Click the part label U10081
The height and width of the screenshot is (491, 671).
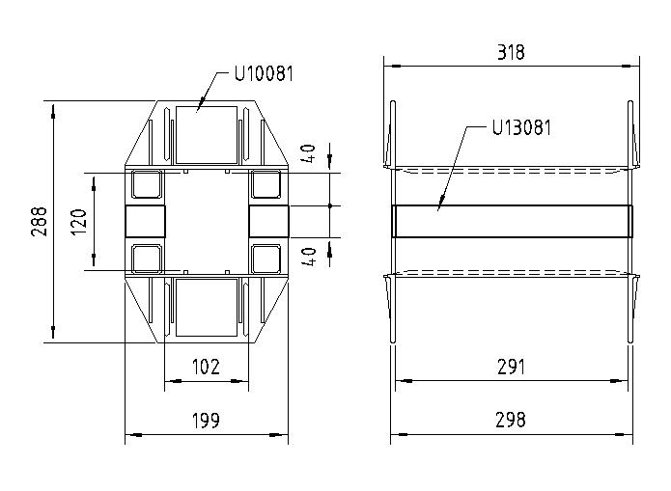(x=264, y=73)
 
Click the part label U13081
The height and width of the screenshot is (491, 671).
(x=521, y=127)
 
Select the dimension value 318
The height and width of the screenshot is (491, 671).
(x=511, y=52)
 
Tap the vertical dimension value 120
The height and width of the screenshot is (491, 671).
(x=80, y=222)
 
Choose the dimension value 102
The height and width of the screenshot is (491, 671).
(x=206, y=367)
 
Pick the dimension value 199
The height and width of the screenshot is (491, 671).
(x=206, y=421)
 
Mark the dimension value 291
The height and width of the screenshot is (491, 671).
(x=511, y=367)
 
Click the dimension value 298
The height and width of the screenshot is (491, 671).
(x=511, y=421)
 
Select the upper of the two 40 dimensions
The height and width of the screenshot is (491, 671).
(x=308, y=154)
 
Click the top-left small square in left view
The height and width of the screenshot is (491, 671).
(x=147, y=184)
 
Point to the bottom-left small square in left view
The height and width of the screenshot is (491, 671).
(x=147, y=258)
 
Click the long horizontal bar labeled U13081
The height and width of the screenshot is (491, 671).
(x=511, y=220)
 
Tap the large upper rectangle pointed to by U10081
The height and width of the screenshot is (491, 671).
(x=206, y=133)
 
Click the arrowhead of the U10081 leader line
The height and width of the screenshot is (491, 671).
(x=200, y=108)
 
